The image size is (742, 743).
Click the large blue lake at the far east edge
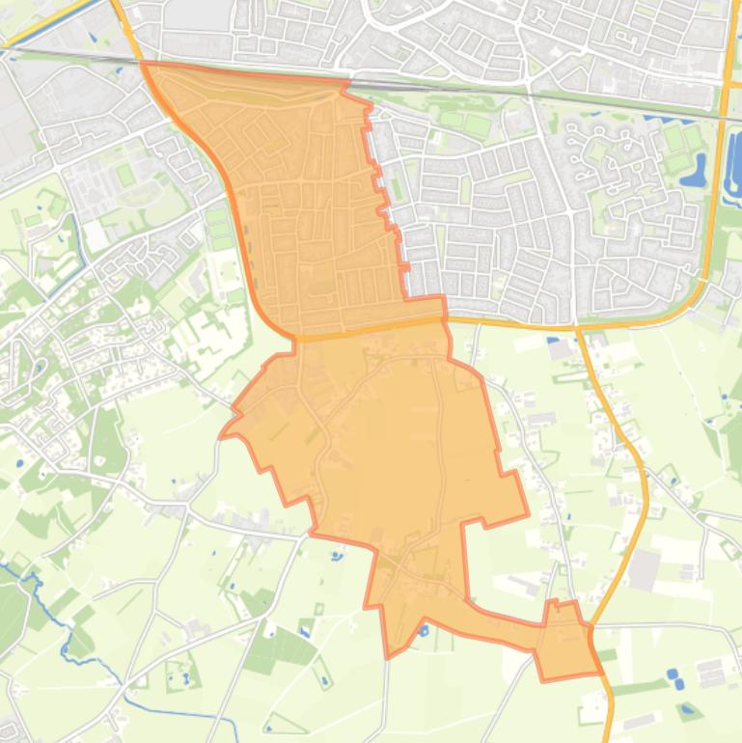(x=733, y=159)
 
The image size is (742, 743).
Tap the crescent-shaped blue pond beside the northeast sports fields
(x=693, y=174)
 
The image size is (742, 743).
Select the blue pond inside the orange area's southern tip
(x=424, y=631)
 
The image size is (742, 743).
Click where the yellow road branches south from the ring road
(x=579, y=327)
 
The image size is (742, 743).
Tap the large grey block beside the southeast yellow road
(x=644, y=569)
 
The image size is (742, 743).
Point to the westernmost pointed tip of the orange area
(x=221, y=435)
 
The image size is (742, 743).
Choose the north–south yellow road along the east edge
(x=718, y=193)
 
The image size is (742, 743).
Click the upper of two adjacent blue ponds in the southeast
(x=673, y=673)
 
